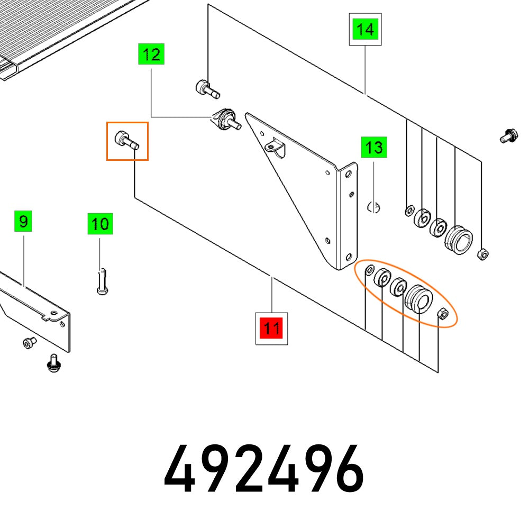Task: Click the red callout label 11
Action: (271, 329)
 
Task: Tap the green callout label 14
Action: (366, 30)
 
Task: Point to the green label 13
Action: (374, 147)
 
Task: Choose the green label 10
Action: (100, 224)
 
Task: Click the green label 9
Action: (23, 221)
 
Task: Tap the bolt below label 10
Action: (102, 281)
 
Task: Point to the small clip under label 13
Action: (374, 206)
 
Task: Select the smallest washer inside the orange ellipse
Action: (370, 270)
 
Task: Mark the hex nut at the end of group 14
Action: (482, 254)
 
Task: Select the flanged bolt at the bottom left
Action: (52, 363)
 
